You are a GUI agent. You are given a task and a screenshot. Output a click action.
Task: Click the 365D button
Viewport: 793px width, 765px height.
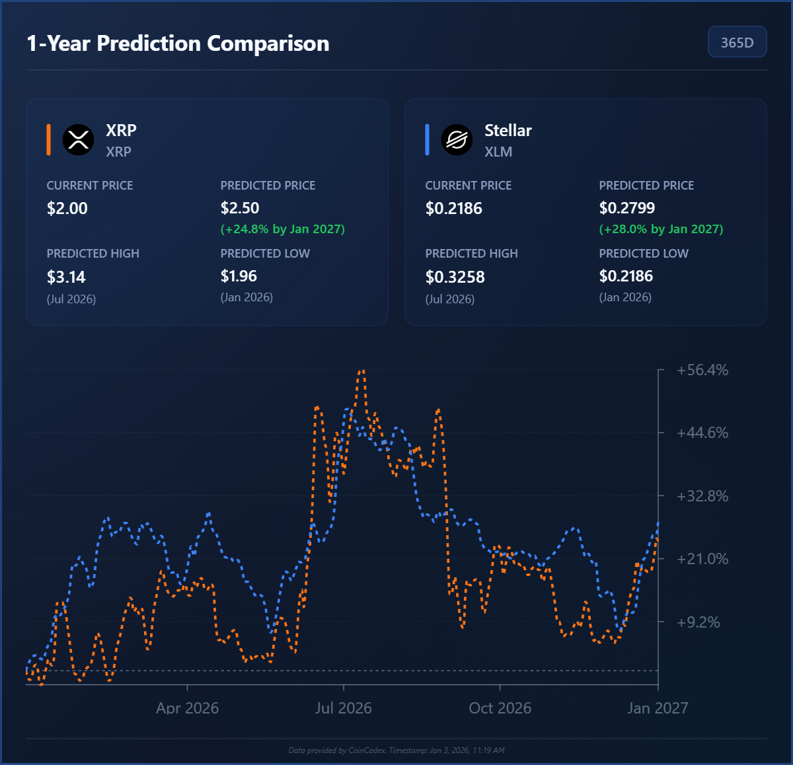pyautogui.click(x=737, y=42)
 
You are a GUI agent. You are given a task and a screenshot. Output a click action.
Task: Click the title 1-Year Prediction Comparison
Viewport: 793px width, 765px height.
pyautogui.click(x=178, y=44)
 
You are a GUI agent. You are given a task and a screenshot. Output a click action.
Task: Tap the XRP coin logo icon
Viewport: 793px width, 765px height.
pyautogui.click(x=78, y=139)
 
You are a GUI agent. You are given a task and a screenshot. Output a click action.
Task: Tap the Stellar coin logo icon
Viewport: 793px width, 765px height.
pyautogui.click(x=457, y=139)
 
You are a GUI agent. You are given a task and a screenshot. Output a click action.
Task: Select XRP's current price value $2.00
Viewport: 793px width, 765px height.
pyautogui.click(x=67, y=209)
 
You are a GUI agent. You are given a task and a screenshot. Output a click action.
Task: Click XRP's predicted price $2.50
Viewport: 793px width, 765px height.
pyautogui.click(x=240, y=208)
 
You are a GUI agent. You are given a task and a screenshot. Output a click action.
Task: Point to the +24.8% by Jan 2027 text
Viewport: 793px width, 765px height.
pyautogui.click(x=282, y=229)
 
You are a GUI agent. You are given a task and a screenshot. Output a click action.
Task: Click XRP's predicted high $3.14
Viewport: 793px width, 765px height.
pyautogui.click(x=66, y=277)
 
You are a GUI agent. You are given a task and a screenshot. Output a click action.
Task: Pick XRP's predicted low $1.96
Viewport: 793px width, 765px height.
pyautogui.click(x=239, y=276)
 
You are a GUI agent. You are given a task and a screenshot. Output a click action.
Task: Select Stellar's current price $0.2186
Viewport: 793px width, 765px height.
pyautogui.click(x=453, y=209)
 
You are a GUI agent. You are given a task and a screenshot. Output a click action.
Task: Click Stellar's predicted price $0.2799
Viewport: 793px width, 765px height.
pyautogui.click(x=626, y=208)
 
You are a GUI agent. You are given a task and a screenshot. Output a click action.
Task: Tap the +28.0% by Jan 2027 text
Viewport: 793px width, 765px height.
pyautogui.click(x=661, y=229)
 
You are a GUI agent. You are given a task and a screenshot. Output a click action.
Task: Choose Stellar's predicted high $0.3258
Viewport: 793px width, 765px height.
pyautogui.click(x=455, y=277)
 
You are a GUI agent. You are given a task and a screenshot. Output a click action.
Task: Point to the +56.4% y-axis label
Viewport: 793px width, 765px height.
pyautogui.click(x=702, y=370)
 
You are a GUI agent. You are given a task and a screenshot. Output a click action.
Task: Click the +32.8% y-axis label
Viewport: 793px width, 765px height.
pyautogui.click(x=702, y=496)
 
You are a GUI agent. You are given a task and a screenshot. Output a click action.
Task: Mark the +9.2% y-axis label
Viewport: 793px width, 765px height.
pyautogui.click(x=699, y=622)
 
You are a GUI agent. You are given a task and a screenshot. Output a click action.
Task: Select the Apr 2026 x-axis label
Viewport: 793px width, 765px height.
pyautogui.click(x=187, y=708)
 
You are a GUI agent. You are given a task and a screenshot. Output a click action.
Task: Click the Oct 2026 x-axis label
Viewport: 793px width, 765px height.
pyautogui.click(x=500, y=708)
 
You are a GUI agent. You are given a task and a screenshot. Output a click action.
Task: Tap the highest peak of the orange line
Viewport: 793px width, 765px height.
pyautogui.click(x=361, y=371)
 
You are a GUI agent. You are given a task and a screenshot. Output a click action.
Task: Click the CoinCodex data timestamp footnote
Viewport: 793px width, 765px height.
pyautogui.click(x=397, y=750)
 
